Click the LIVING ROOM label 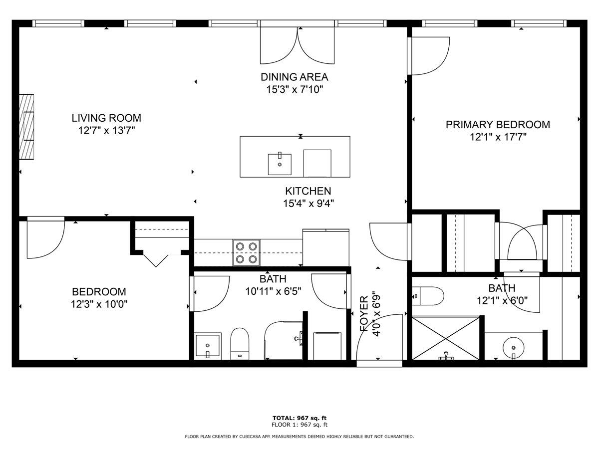point(106,118)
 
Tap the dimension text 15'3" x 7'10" point(295,89)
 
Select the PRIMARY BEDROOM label point(498,124)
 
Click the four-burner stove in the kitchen point(247,252)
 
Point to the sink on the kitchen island point(280,164)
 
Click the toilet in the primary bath point(428,296)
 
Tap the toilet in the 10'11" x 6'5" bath point(240,343)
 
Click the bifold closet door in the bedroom point(155,259)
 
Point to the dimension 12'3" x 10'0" point(99,304)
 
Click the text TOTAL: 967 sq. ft point(299,418)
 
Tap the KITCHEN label point(308,191)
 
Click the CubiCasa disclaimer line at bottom point(299,437)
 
